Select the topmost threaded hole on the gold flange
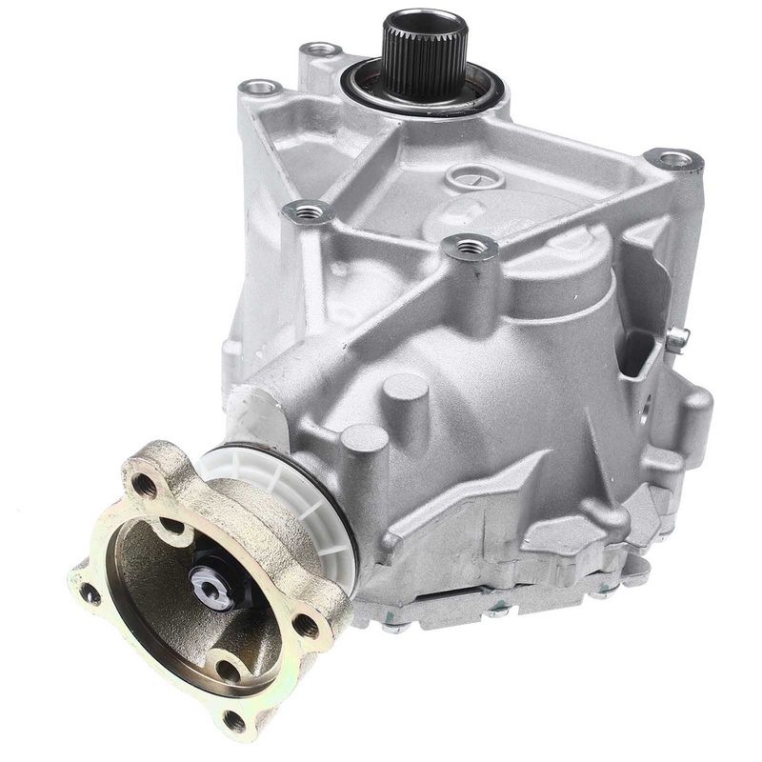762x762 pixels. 145,485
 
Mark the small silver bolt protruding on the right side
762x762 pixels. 677,336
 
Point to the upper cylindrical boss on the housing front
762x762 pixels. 405,391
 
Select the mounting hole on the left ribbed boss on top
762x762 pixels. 312,213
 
